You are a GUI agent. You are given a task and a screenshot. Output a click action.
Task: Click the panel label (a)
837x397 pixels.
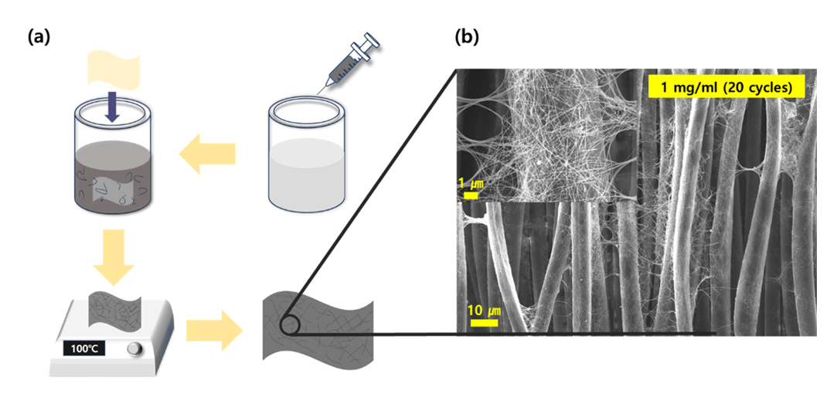[x=39, y=36]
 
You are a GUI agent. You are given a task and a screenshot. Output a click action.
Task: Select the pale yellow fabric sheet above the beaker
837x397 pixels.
[x=114, y=70]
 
